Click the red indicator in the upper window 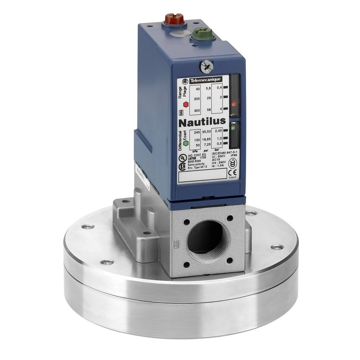pyautogui.click(x=234, y=104)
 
